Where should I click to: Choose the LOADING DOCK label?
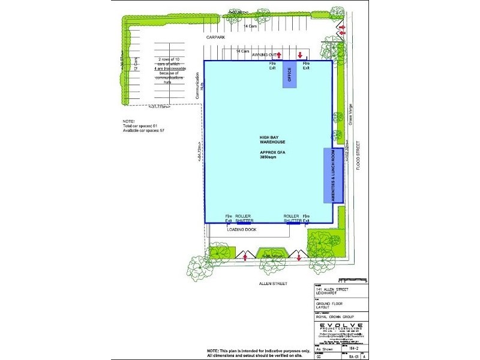coord(239,229)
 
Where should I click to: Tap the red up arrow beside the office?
coord(279,55)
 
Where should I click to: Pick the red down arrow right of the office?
coord(299,55)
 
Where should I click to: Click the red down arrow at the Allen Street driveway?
coord(299,258)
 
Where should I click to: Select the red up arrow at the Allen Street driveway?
coord(245,258)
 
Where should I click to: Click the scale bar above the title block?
coord(352,280)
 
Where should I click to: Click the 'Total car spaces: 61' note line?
coord(140,125)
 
